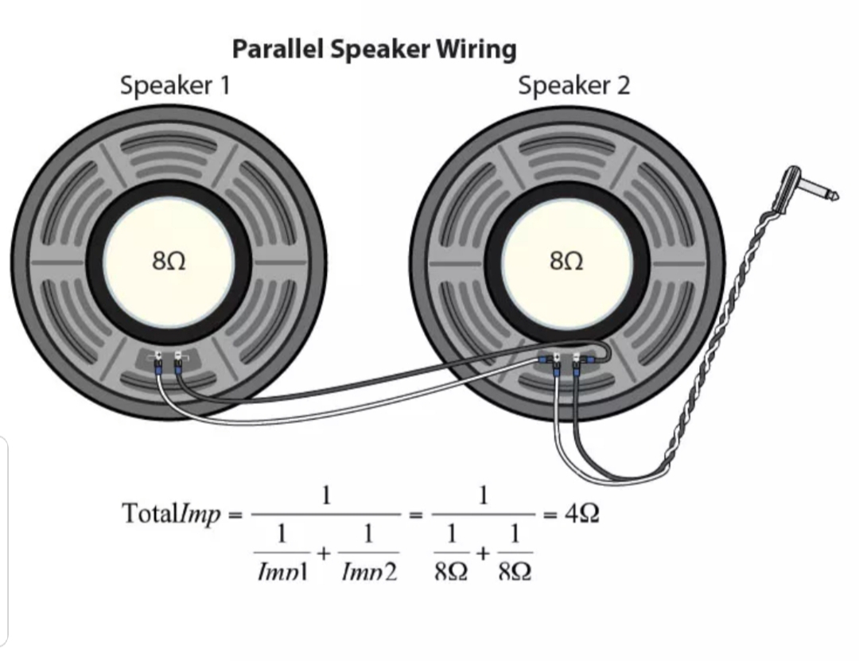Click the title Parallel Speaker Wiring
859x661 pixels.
[374, 49]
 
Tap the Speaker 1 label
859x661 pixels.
[175, 85]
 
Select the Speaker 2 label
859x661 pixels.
[573, 85]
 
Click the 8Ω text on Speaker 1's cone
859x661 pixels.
[169, 261]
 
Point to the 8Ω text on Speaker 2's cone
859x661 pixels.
[566, 261]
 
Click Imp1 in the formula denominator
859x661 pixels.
[283, 572]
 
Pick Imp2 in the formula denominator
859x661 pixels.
[368, 572]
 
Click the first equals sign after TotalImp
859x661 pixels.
[235, 515]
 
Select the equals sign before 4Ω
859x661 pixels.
[549, 515]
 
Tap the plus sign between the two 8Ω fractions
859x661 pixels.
[483, 551]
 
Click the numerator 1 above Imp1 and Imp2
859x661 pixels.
[325, 496]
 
